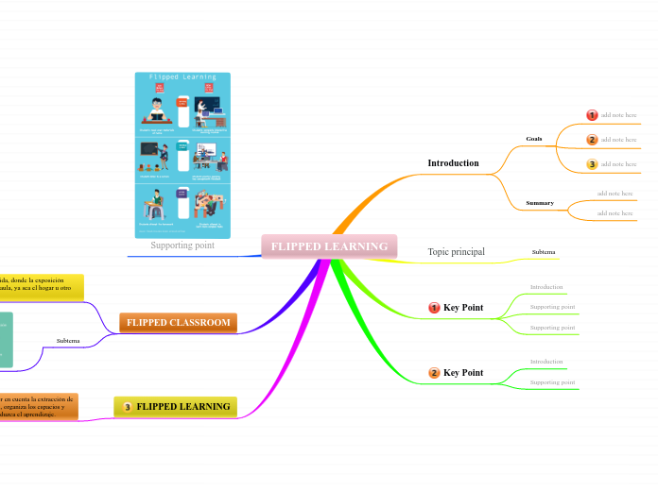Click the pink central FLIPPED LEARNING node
[329, 246]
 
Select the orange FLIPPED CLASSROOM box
[178, 323]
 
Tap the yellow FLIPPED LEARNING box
[176, 407]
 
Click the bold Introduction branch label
[453, 163]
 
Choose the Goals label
[534, 139]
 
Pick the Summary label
[540, 203]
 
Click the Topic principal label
[456, 252]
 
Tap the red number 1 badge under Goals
[593, 115]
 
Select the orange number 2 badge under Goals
[593, 140]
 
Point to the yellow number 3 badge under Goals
[593, 164]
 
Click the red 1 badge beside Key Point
[435, 308]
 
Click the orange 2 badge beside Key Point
[435, 373]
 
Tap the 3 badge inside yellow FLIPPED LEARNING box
[128, 407]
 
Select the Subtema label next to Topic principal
[544, 252]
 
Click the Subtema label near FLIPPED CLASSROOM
[68, 341]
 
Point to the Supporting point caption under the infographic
[182, 245]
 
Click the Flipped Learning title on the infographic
[182, 77]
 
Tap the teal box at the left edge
[6, 339]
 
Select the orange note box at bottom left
[38, 407]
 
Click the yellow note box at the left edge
[41, 285]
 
